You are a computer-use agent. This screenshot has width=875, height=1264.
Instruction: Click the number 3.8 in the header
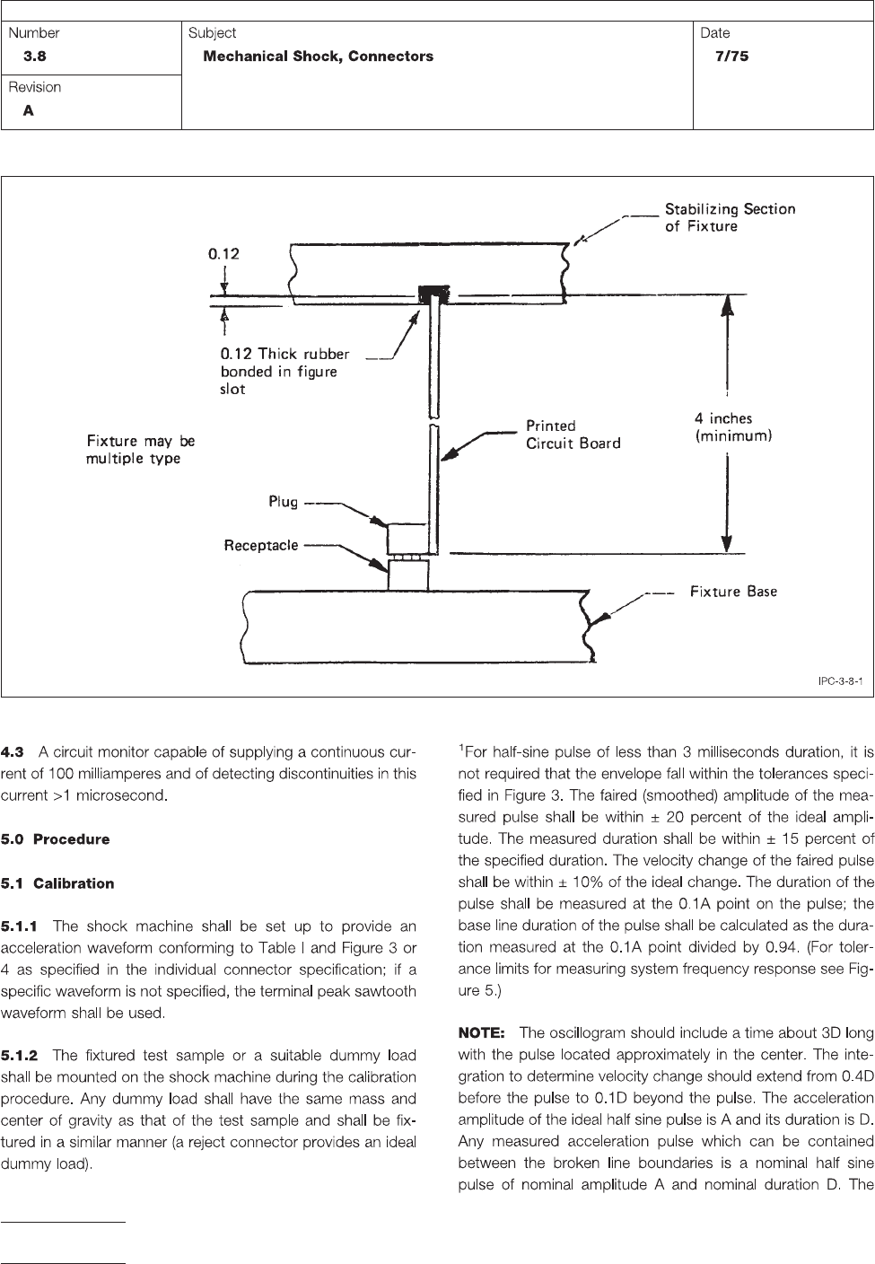[34, 57]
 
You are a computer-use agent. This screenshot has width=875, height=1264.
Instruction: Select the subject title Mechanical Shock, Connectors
[319, 57]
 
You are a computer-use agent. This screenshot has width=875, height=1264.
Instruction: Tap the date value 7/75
[726, 57]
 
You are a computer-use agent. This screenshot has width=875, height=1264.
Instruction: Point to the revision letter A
[29, 111]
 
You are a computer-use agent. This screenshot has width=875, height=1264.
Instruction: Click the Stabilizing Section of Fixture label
[730, 217]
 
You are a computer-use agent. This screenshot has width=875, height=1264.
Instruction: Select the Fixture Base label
[733, 592]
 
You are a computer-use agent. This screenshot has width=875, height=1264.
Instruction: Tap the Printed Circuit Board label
[573, 434]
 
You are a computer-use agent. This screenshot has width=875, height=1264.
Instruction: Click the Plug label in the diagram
[283, 502]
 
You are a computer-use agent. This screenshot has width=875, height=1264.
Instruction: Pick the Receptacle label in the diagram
[261, 545]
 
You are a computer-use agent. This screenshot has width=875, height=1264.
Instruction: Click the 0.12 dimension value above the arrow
[224, 254]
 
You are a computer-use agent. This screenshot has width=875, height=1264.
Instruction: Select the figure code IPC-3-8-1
[840, 681]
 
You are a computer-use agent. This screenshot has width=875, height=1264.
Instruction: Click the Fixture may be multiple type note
[141, 450]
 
